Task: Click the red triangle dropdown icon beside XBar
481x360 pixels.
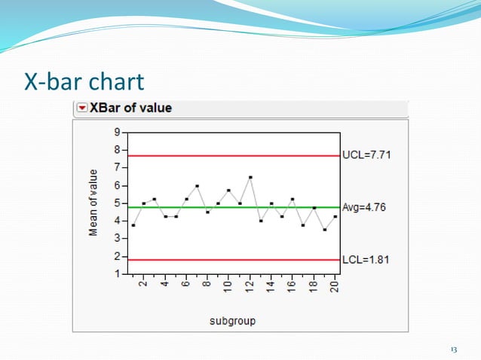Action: click(82, 108)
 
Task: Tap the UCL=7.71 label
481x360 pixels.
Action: click(366, 155)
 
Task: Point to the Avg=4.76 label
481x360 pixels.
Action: click(363, 207)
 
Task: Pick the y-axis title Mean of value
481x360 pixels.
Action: click(93, 203)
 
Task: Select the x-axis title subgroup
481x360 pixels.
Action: click(232, 320)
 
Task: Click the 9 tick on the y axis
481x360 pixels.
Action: click(116, 131)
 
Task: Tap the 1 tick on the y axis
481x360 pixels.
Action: click(116, 274)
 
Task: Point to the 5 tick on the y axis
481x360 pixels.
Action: click(116, 203)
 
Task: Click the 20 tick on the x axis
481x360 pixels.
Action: click(335, 287)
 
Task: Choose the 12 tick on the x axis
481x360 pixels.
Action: click(250, 287)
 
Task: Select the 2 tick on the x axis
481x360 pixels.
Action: click(143, 287)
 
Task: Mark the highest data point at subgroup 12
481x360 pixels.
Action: click(250, 177)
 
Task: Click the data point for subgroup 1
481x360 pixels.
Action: click(133, 225)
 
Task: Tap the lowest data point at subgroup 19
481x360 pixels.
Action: click(324, 230)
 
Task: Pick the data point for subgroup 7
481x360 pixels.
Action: click(197, 185)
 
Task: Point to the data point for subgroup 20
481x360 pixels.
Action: click(335, 216)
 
